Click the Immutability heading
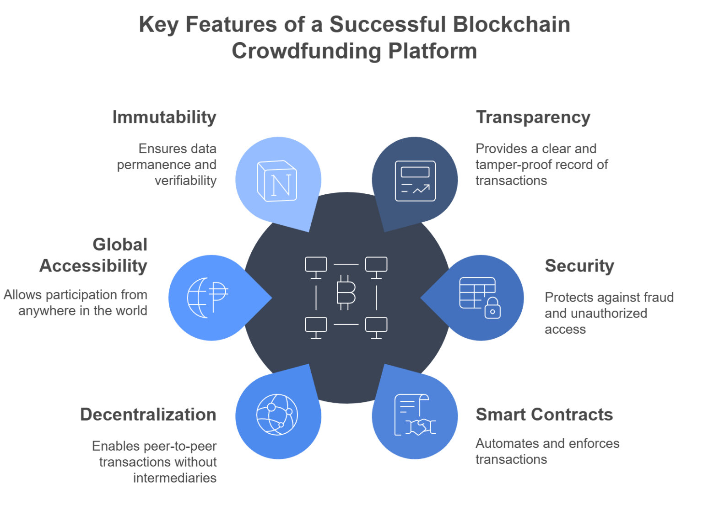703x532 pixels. coord(164,117)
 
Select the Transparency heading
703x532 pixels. coord(533,117)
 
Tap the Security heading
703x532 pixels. coord(579,266)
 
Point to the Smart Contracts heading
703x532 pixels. coord(544,415)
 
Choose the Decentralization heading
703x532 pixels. coord(148,415)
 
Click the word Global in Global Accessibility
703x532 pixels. coord(120,245)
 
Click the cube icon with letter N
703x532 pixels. coord(277,181)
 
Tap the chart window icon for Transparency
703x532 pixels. coord(415,181)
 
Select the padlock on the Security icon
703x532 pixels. coord(492,308)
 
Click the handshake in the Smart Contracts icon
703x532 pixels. coord(420,427)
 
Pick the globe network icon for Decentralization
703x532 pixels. coord(277,415)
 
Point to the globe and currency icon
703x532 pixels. coord(207,298)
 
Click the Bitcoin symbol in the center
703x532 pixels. coord(346,293)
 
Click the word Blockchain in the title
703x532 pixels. coord(511,24)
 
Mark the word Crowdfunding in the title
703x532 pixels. coord(306,50)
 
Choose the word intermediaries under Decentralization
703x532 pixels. coord(175,478)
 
